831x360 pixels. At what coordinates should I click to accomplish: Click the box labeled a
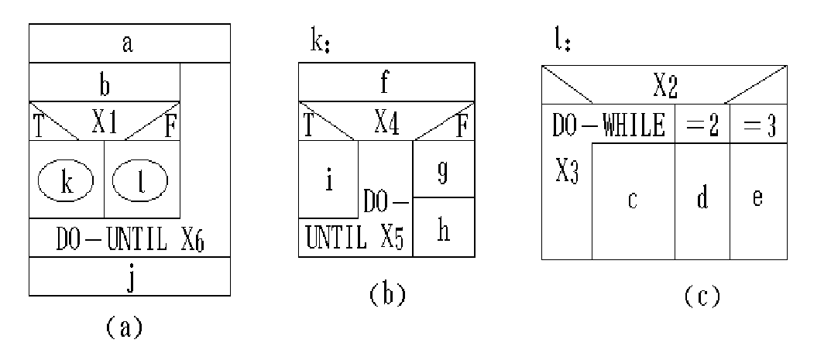click(129, 43)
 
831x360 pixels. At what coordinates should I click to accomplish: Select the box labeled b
click(105, 83)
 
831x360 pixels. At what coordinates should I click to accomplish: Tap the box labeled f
click(386, 81)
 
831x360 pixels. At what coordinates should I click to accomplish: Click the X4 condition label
click(386, 122)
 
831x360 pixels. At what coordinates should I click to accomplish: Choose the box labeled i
click(328, 182)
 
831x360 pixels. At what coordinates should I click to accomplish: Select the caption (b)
click(386, 295)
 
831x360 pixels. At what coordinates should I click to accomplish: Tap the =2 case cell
click(702, 125)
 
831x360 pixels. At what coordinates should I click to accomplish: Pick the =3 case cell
click(757, 125)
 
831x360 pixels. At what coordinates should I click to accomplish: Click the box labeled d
click(702, 200)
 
